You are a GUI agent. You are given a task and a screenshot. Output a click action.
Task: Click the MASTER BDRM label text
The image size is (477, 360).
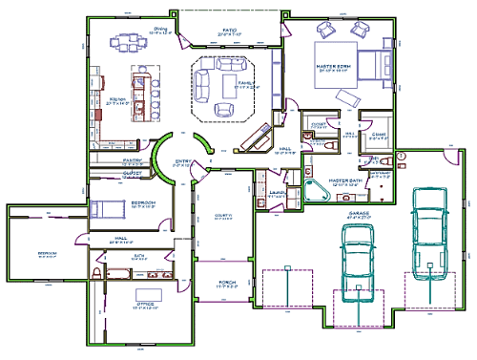point(334,67)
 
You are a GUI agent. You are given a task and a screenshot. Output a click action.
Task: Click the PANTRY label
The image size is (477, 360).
point(133,160)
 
